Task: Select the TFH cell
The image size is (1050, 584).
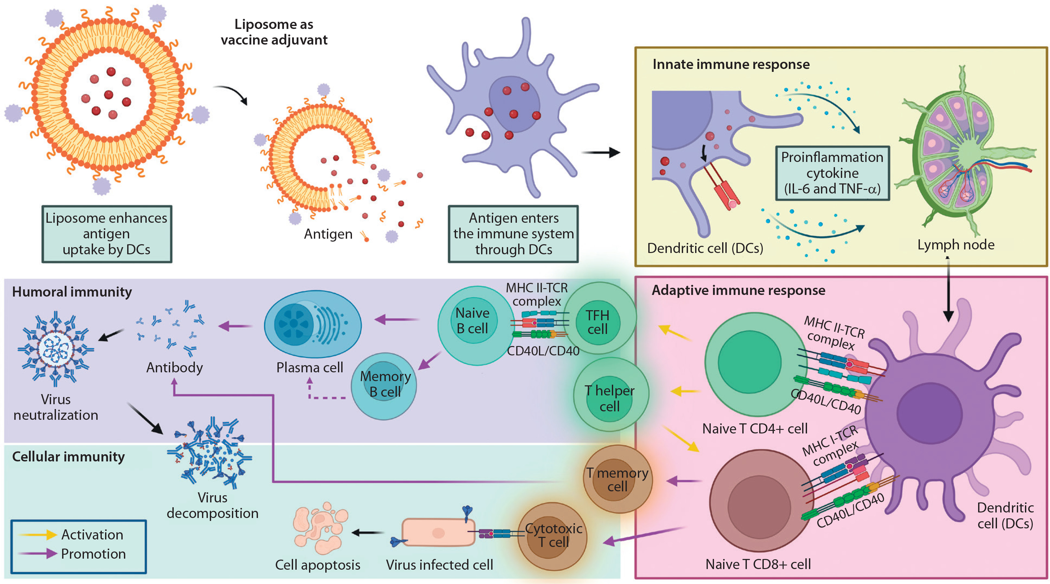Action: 598,322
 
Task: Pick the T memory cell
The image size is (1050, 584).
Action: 617,479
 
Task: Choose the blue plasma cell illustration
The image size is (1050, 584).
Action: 313,324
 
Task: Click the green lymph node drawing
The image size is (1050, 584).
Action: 962,155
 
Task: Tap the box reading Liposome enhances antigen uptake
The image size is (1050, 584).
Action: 107,234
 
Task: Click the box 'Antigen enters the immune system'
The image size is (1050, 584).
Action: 513,234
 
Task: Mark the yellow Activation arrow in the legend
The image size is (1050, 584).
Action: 38,534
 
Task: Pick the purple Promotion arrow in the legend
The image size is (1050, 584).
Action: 38,553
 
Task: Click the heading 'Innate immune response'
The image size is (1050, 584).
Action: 731,64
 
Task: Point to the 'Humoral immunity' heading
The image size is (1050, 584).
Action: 72,292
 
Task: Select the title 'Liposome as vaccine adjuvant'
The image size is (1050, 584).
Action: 274,32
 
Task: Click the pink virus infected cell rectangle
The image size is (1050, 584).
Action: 438,532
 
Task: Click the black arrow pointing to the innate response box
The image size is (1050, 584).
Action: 601,153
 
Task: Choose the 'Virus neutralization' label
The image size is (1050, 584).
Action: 56,407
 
